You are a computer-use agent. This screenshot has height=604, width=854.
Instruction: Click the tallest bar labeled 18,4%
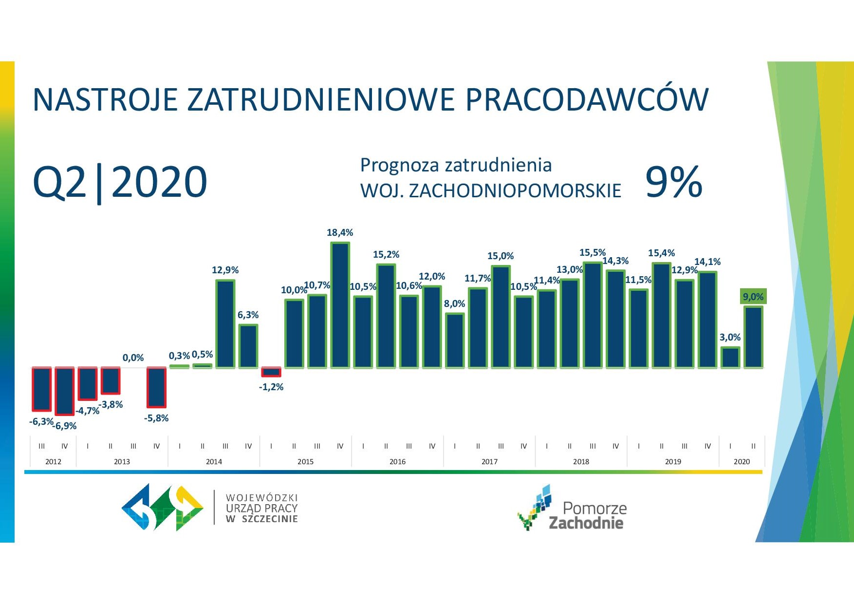click(x=340, y=305)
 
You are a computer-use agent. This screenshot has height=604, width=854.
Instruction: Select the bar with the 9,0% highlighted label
click(x=753, y=337)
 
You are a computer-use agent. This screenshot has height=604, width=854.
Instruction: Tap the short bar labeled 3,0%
click(x=730, y=358)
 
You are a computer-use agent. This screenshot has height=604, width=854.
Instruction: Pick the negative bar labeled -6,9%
click(x=65, y=391)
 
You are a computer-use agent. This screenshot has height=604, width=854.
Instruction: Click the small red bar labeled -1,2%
click(x=271, y=372)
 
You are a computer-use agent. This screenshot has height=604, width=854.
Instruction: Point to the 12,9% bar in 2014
click(x=225, y=324)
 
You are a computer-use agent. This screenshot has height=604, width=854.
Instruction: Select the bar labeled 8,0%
click(x=455, y=340)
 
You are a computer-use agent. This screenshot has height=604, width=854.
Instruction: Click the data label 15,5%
click(x=593, y=252)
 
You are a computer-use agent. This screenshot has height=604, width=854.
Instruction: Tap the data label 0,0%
click(x=133, y=358)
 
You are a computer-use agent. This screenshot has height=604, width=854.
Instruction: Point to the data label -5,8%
click(x=156, y=418)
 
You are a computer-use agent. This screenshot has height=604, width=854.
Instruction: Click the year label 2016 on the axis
click(x=397, y=461)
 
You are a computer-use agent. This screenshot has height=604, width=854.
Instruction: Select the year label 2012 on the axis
click(x=53, y=461)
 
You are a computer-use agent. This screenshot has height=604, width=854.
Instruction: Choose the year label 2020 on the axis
click(x=742, y=461)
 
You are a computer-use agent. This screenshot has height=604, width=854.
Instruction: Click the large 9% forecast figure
click(x=674, y=182)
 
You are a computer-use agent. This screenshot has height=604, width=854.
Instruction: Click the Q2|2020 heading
click(x=120, y=182)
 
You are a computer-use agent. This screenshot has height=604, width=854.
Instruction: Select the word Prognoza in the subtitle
click(x=400, y=166)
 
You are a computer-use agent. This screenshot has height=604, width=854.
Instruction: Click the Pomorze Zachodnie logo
click(x=572, y=508)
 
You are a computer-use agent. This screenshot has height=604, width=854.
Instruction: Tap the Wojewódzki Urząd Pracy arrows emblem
click(x=162, y=507)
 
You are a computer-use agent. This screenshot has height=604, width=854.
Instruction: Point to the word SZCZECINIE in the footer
click(x=270, y=519)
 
